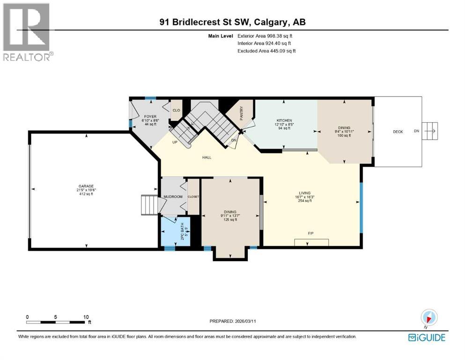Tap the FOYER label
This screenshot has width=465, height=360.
click(150, 116)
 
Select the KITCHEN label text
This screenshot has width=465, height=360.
click(284, 120)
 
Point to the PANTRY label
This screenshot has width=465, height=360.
click(242, 114)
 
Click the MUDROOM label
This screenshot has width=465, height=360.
click(173, 197)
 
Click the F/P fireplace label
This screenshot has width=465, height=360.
click(310, 233)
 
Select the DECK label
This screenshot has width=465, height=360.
click(398, 132)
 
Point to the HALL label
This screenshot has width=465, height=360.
click(207, 157)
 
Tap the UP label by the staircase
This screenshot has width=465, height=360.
click(175, 142)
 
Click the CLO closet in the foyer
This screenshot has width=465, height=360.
click(176, 111)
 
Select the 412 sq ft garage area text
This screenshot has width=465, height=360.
click(86, 194)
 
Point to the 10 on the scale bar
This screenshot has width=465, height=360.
click(86, 316)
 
